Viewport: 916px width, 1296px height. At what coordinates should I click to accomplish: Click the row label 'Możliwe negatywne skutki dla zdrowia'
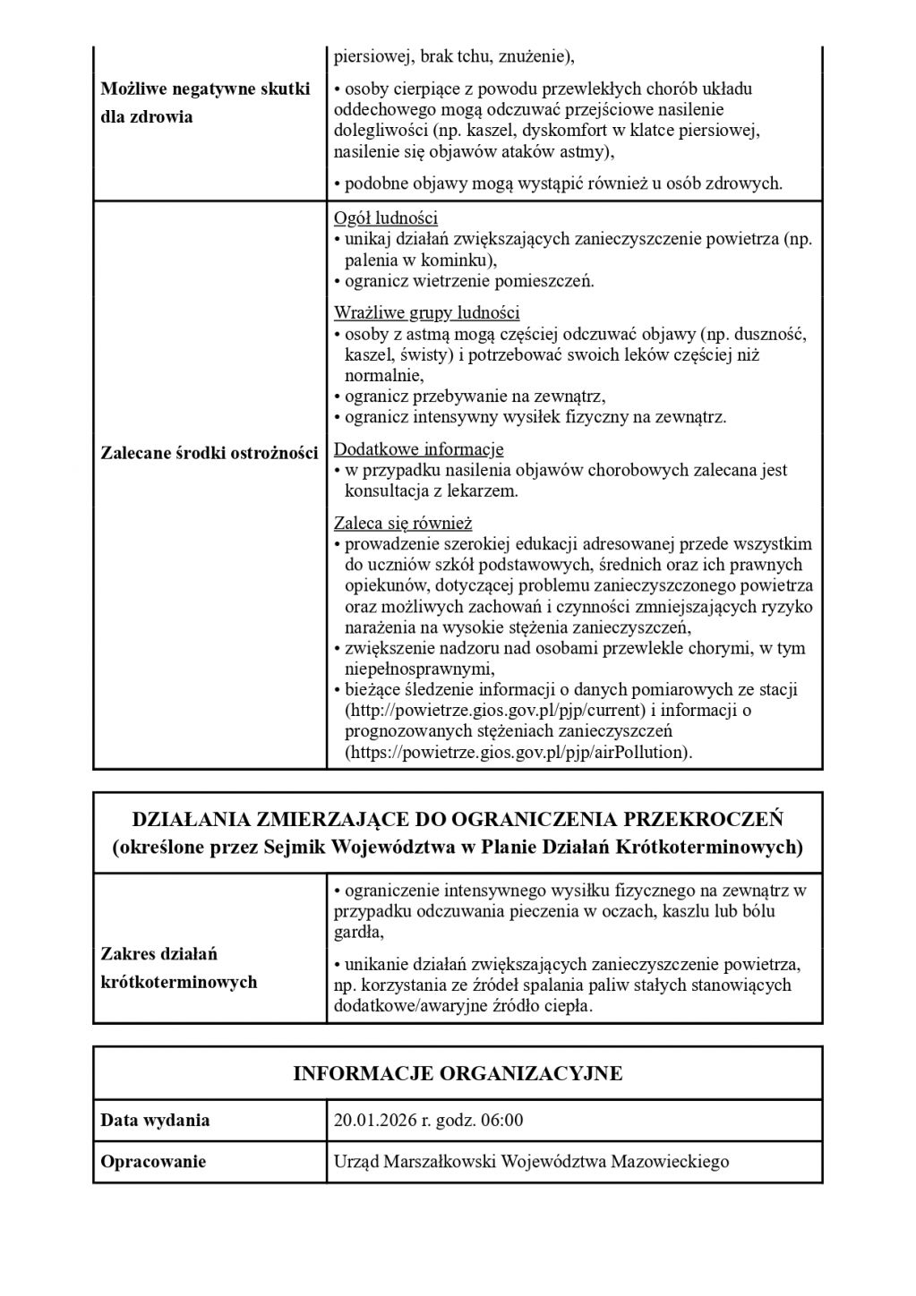pyautogui.click(x=206, y=103)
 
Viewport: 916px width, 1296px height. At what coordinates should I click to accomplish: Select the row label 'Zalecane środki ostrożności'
pyautogui.click(x=210, y=453)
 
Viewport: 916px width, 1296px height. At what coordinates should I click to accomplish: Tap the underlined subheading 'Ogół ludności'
pyautogui.click(x=386, y=218)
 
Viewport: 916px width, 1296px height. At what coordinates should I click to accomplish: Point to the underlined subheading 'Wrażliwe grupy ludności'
pyautogui.click(x=427, y=313)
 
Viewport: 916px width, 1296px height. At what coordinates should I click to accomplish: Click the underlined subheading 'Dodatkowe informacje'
pyautogui.click(x=418, y=449)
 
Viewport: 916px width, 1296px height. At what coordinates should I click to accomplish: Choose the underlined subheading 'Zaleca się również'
pyautogui.click(x=403, y=523)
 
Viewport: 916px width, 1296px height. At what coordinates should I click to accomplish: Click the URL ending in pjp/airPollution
pyautogui.click(x=518, y=753)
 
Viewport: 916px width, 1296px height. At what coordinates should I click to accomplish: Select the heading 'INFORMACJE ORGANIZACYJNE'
pyautogui.click(x=458, y=1073)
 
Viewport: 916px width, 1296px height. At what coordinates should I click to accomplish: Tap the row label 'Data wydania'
pyautogui.click(x=155, y=1121)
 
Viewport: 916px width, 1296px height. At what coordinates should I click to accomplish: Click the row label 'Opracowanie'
pyautogui.click(x=153, y=1162)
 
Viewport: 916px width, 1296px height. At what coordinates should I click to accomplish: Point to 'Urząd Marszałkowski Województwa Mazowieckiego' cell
pyautogui.click(x=531, y=1162)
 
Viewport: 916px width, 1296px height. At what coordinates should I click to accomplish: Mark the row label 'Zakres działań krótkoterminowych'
pyautogui.click(x=179, y=968)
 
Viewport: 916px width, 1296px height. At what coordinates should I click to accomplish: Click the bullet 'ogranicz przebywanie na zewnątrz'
pyautogui.click(x=475, y=396)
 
